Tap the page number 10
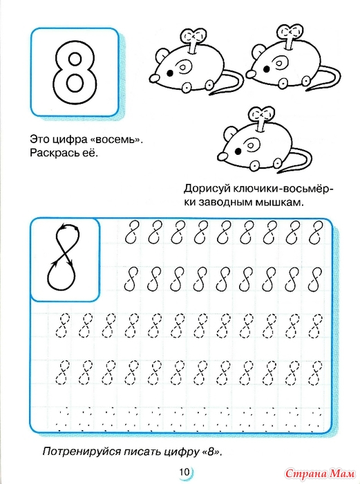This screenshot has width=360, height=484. coord(184,472)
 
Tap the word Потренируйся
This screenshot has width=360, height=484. coord(82,452)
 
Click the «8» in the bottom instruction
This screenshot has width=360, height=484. coord(211,452)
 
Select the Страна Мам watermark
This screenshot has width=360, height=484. coord(320,472)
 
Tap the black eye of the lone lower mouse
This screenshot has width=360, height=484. coord(238,151)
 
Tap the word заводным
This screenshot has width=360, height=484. coord(222,203)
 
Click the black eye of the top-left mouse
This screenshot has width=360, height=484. coord(170,73)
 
